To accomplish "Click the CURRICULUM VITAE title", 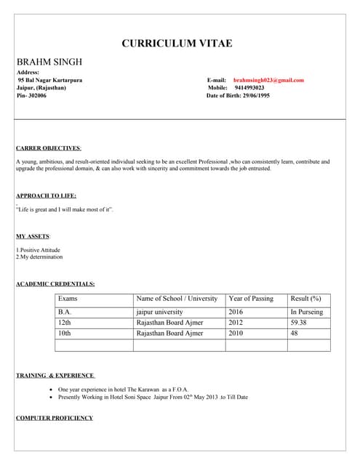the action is click(177, 44).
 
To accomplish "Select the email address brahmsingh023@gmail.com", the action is click(268, 80).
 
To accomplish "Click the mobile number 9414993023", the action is click(249, 88).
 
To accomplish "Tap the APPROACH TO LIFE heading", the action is click(46, 195).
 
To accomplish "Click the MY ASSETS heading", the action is click(33, 237).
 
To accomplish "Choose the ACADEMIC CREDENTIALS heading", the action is click(55, 283).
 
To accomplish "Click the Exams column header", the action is click(68, 299).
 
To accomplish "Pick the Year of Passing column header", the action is click(251, 299).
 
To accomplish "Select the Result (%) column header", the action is click(305, 299).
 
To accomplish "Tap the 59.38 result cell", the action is click(299, 323).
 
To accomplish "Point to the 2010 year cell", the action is click(236, 333).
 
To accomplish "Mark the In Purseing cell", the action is click(307, 312).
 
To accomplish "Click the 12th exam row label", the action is click(65, 323).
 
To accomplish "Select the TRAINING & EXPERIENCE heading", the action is click(55, 376).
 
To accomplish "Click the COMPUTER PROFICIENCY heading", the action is click(55, 418).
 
